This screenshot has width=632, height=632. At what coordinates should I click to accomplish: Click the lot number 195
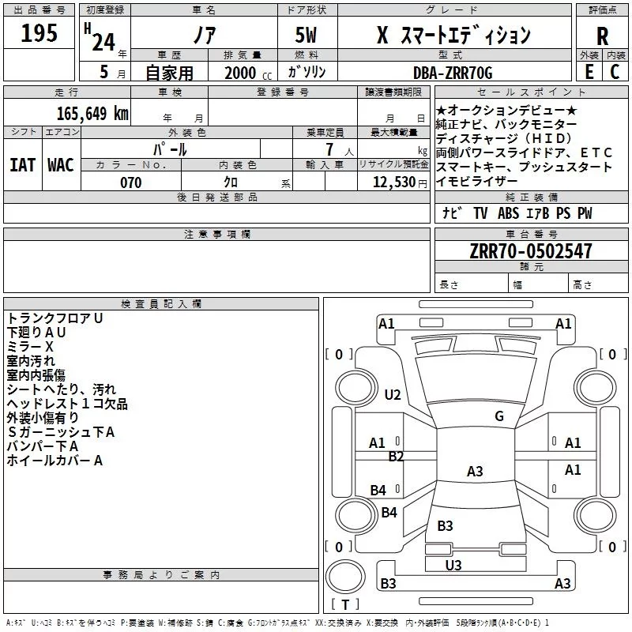(39, 33)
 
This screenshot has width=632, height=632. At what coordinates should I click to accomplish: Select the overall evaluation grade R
(602, 36)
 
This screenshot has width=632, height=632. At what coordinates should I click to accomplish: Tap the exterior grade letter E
(589, 72)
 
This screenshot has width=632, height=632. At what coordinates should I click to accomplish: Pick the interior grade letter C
(615, 72)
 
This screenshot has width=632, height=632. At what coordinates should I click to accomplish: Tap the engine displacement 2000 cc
(241, 73)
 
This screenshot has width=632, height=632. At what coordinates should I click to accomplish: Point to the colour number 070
(130, 183)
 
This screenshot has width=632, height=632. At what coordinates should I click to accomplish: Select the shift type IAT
(22, 165)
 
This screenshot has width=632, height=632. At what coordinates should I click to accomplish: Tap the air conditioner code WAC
(61, 165)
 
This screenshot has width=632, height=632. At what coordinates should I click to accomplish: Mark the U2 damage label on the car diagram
(393, 395)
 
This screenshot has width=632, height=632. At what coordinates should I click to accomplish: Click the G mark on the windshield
(498, 416)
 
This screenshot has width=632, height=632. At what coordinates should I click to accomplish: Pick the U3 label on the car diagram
(453, 565)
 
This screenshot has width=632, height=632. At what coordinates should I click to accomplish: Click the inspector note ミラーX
(30, 347)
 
